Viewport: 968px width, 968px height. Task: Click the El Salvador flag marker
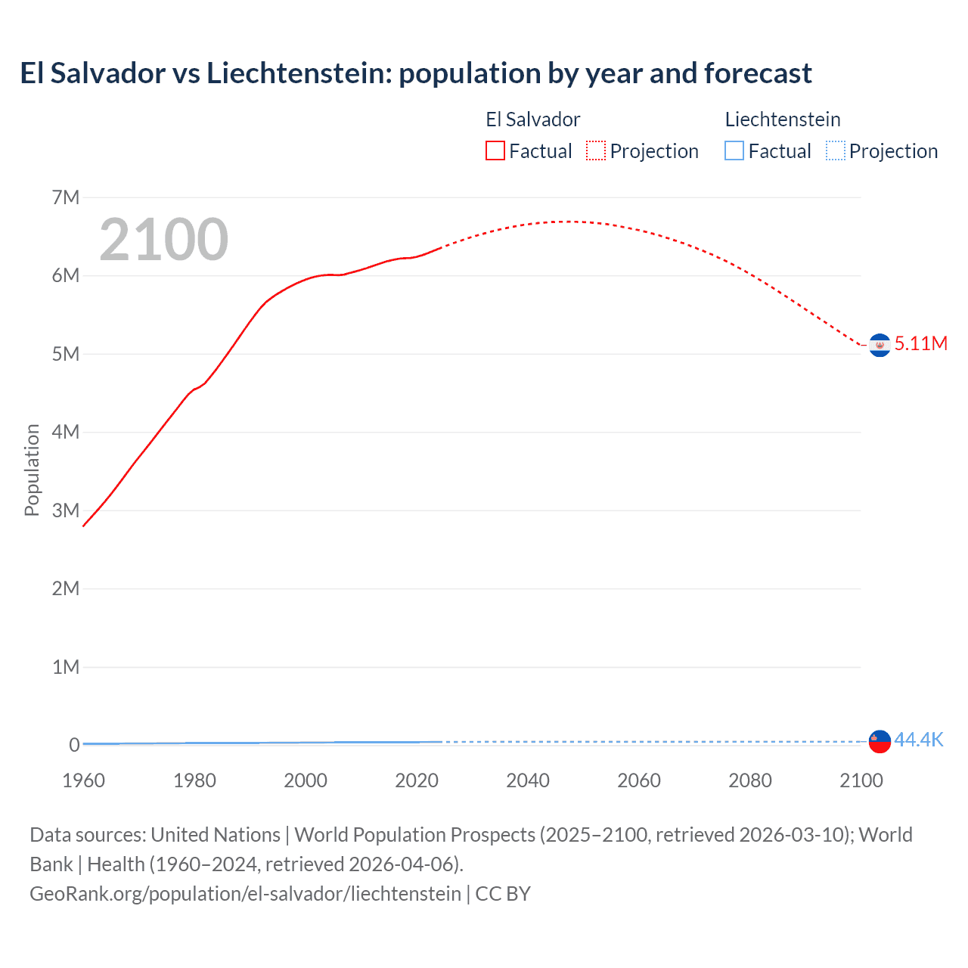click(880, 345)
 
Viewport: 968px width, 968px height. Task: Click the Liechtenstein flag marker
click(880, 741)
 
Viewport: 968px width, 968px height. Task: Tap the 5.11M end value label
click(920, 343)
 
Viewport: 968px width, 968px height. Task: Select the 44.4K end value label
click(918, 740)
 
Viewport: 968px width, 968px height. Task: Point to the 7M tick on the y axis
click(66, 197)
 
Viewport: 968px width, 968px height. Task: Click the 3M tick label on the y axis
click(66, 510)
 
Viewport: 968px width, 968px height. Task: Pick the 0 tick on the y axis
click(74, 745)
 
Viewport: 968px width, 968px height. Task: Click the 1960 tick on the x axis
click(83, 780)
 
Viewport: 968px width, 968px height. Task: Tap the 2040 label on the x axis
click(528, 780)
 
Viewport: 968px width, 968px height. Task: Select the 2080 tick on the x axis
click(750, 780)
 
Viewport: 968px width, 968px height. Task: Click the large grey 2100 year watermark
click(163, 240)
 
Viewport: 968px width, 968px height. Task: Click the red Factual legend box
click(495, 151)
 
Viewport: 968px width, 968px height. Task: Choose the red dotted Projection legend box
click(596, 151)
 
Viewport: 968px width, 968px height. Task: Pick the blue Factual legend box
click(734, 151)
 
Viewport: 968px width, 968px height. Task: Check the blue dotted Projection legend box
click(836, 151)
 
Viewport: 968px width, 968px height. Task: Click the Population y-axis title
click(32, 470)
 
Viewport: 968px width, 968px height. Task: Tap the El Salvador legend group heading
click(532, 119)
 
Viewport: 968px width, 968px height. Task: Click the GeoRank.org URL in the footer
click(245, 894)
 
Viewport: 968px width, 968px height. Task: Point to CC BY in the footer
click(503, 894)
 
